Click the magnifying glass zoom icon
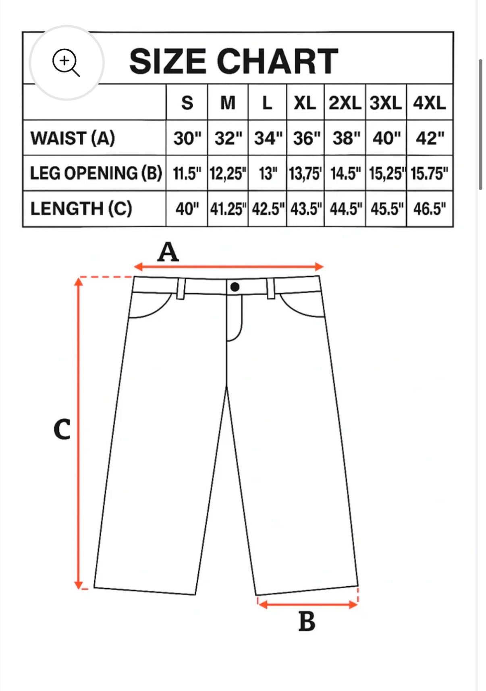pyautogui.click(x=66, y=62)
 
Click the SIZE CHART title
pyautogui.click(x=234, y=61)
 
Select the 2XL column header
pyautogui.click(x=345, y=103)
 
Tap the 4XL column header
pyautogui.click(x=430, y=103)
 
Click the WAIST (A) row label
pyautogui.click(x=73, y=138)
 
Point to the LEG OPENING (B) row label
pyautogui.click(x=96, y=173)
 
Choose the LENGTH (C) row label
pyautogui.click(x=81, y=209)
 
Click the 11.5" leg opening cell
pyautogui.click(x=187, y=174)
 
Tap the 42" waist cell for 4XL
pyautogui.click(x=430, y=138)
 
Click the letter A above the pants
pyautogui.click(x=168, y=252)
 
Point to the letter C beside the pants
pyautogui.click(x=62, y=429)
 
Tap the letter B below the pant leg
pyautogui.click(x=307, y=621)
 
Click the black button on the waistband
pyautogui.click(x=235, y=287)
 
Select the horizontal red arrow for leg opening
pyautogui.click(x=308, y=604)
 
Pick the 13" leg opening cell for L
pyautogui.click(x=268, y=174)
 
